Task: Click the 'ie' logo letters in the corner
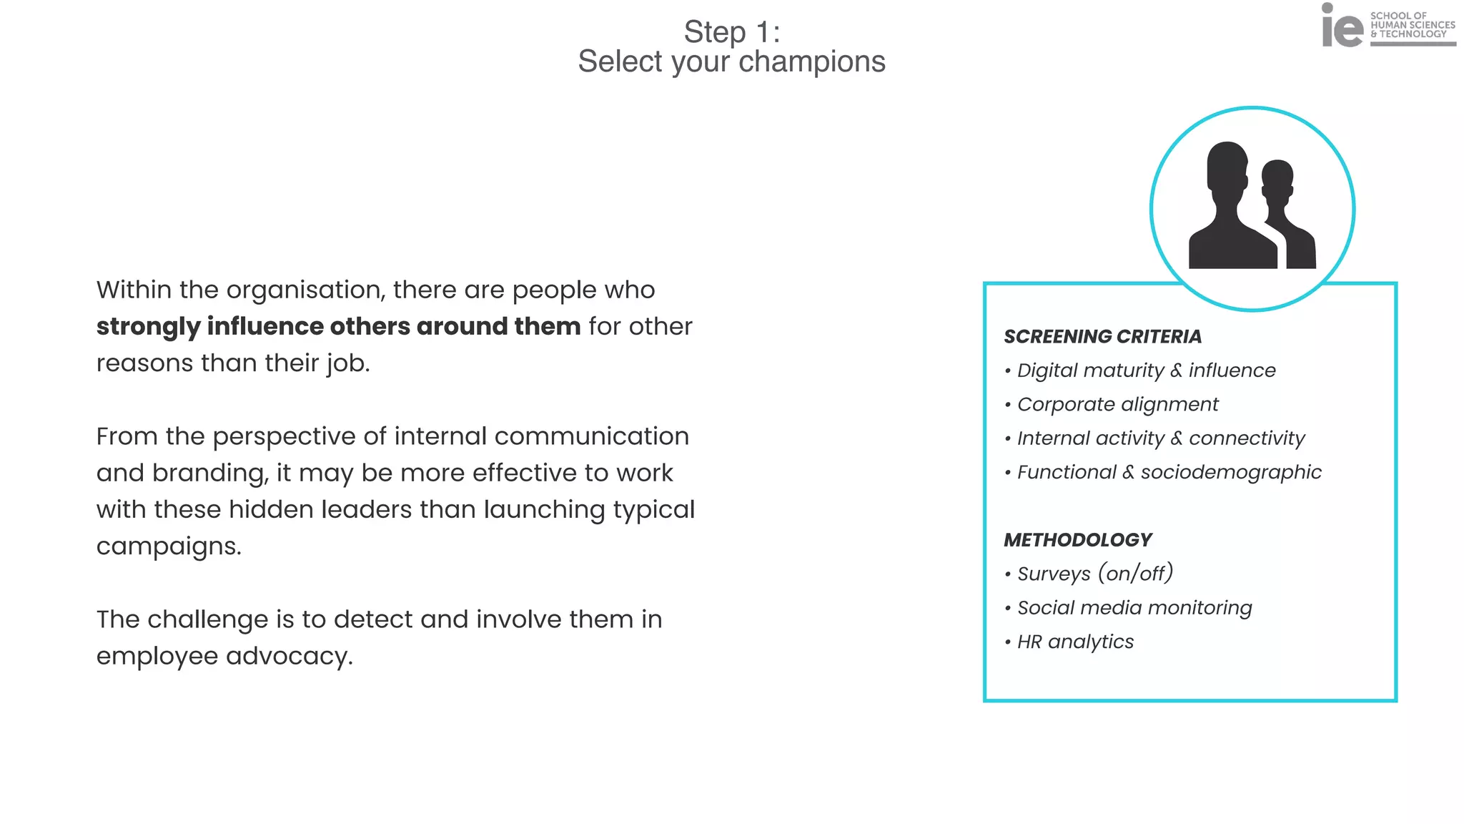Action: click(1342, 27)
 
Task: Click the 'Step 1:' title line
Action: click(731, 32)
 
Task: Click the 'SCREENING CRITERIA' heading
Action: click(1102, 336)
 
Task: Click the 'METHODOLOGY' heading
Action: click(1077, 540)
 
